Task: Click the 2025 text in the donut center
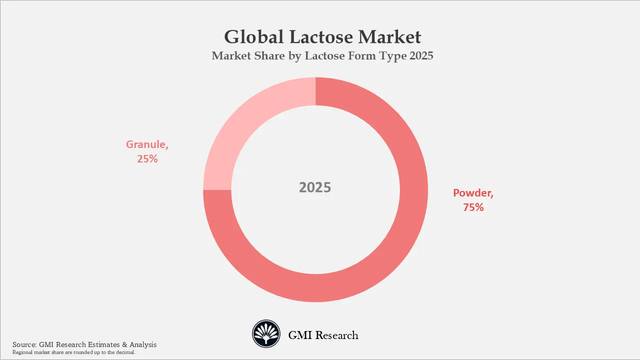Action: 315,187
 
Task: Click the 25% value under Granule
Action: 147,159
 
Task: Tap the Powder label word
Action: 472,192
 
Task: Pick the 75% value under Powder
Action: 473,207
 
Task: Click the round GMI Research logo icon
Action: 265,334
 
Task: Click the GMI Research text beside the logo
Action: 323,335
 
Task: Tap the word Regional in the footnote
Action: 22,352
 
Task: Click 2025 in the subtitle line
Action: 421,56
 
